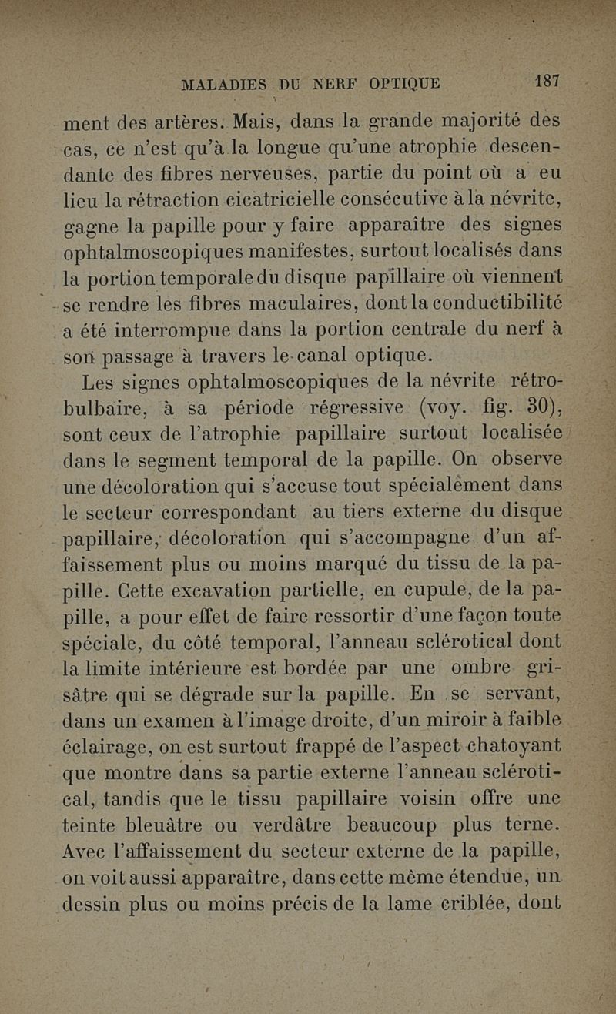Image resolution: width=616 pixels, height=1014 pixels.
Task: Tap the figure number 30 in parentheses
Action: click(x=537, y=405)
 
